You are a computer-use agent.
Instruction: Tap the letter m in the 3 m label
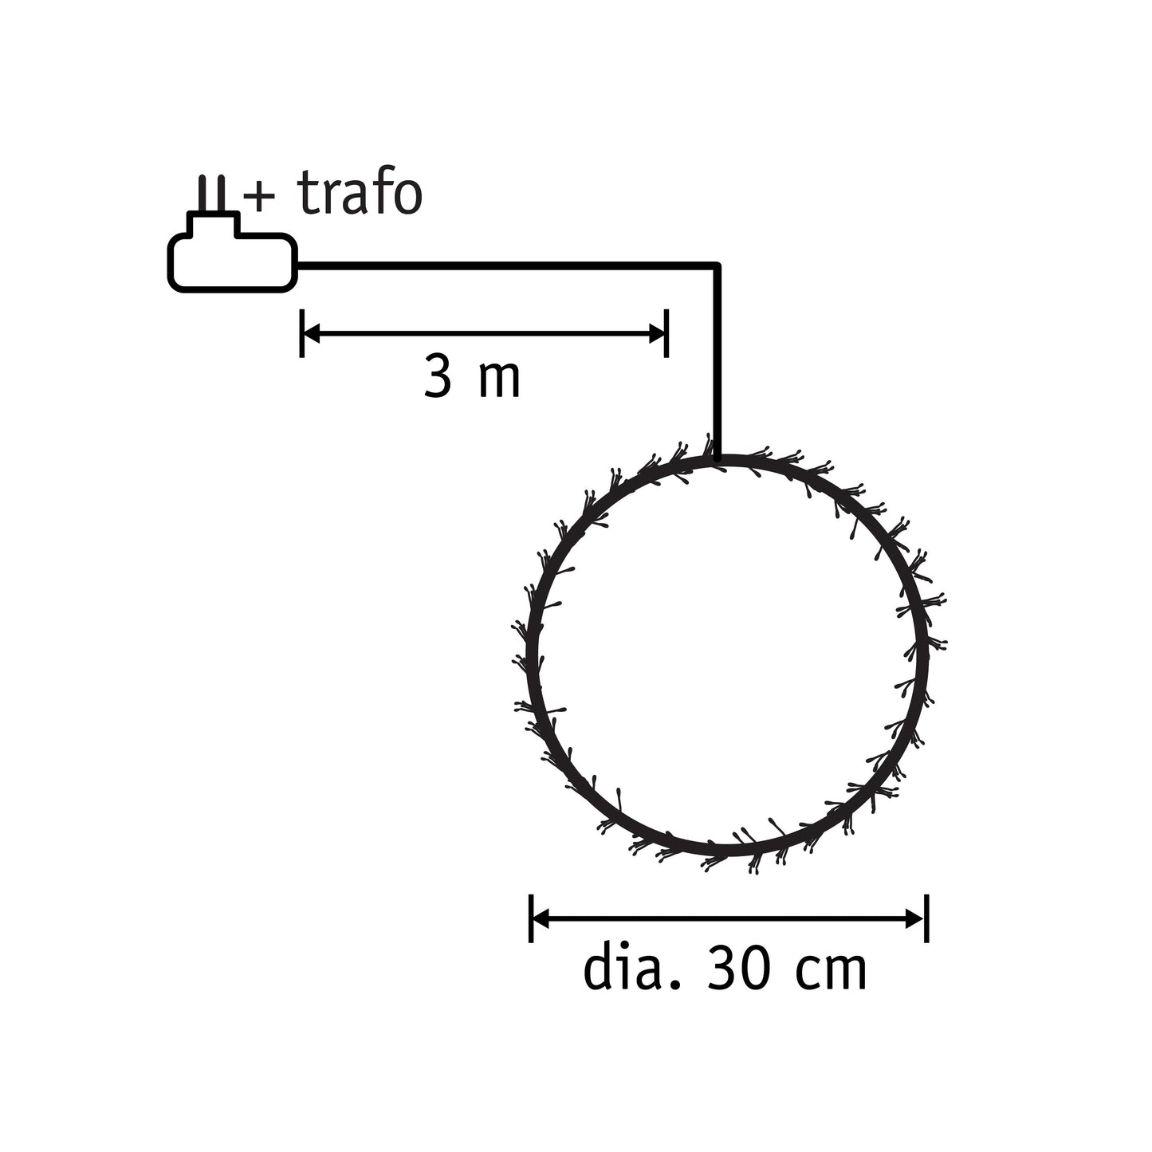click(499, 381)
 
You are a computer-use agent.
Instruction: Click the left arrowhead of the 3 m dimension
click(312, 334)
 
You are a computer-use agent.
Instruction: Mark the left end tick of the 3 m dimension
click(301, 334)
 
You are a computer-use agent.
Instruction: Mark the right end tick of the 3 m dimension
click(666, 334)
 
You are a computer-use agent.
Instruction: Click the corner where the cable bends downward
click(718, 265)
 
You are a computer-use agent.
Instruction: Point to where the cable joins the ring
click(718, 458)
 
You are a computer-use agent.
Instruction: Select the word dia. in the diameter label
click(633, 969)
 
